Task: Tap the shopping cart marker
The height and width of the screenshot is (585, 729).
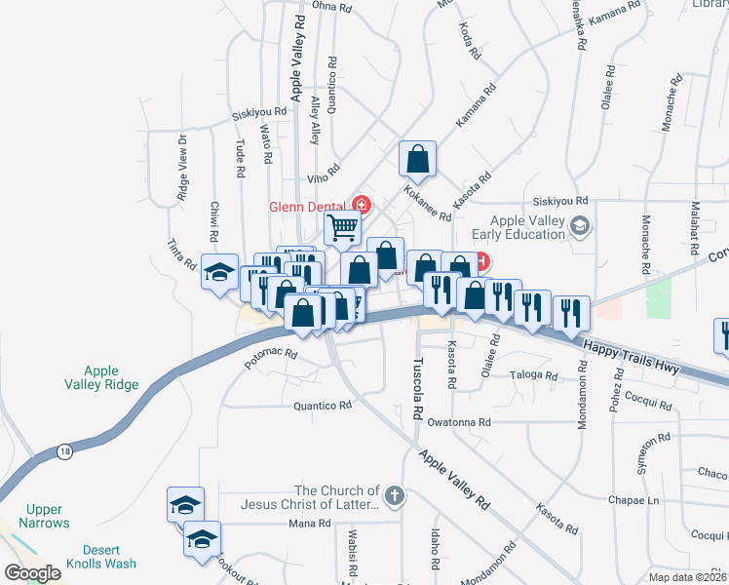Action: pos(343,228)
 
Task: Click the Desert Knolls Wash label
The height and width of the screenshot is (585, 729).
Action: pos(101,557)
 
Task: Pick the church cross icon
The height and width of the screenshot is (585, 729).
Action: pos(394,497)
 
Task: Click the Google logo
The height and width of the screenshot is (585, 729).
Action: pos(32,573)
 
